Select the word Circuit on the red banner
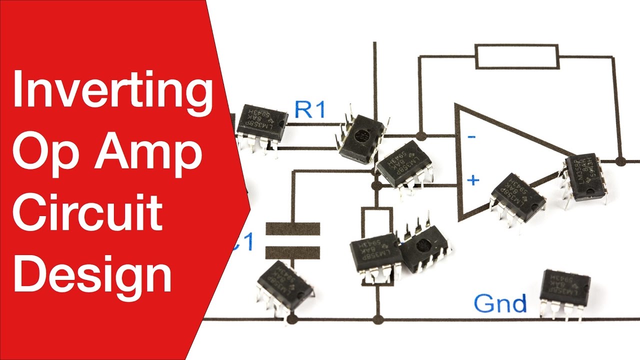click(87, 212)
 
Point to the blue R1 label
click(309, 109)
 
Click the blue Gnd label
click(500, 303)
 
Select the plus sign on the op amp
click(473, 180)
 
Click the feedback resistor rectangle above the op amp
click(516, 56)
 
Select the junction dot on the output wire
click(620, 161)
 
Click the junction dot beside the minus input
click(420, 135)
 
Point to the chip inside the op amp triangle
click(517, 197)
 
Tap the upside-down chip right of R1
click(362, 137)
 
